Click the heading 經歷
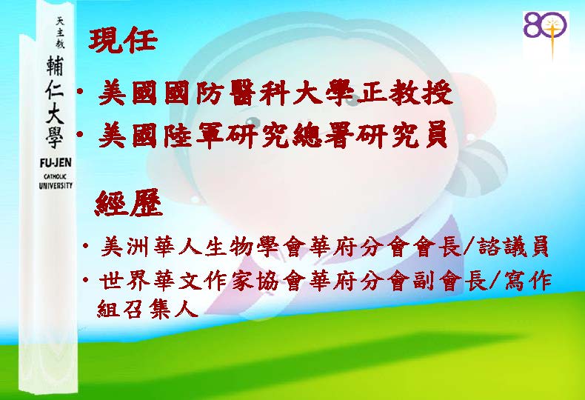coord(129,203)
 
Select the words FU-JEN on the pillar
coord(56,163)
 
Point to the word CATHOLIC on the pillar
coord(55,177)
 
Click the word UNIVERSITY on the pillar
coord(56,185)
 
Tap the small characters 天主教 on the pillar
coord(60,33)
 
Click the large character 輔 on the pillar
coord(55,66)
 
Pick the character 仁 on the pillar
coord(55,89)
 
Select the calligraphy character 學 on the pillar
coord(55,137)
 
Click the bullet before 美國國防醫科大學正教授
coord(79,91)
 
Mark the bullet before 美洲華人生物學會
coord(86,246)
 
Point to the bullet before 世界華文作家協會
coord(86,279)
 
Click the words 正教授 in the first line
coord(404,93)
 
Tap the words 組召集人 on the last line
coord(147,308)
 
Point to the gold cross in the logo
coord(552,36)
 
